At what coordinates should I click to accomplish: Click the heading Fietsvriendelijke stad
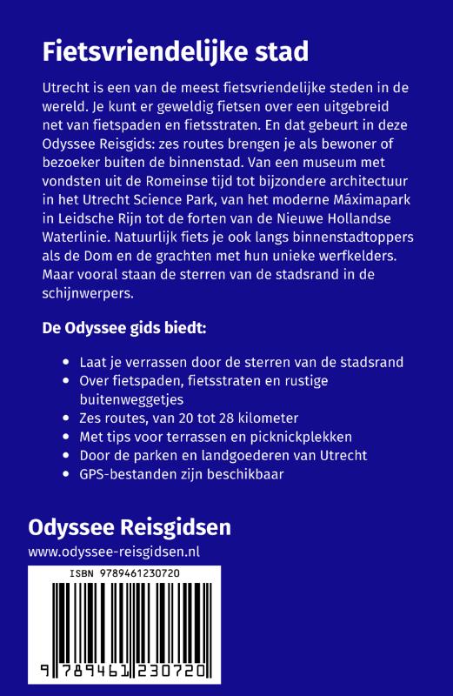coord(176,53)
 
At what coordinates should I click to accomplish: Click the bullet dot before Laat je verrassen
coord(69,363)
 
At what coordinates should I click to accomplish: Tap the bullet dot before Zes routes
coord(69,418)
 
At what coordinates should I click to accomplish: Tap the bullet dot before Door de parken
coord(69,456)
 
